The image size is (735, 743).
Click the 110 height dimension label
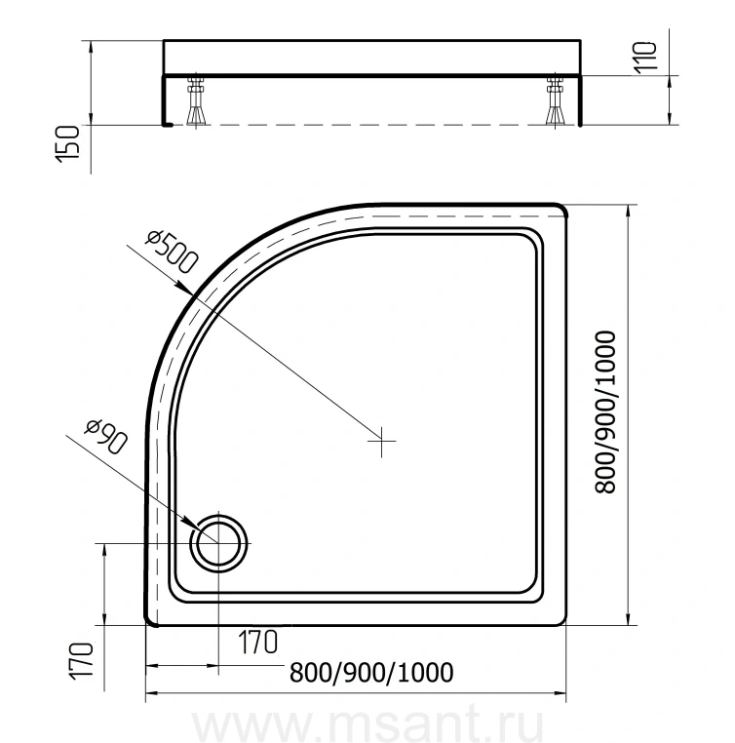[645, 58]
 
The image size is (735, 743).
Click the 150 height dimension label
[67, 144]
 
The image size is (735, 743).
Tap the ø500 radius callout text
[172, 252]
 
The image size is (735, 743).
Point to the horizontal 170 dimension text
[257, 642]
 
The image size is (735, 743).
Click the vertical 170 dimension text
[81, 661]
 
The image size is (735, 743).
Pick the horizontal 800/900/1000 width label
[371, 673]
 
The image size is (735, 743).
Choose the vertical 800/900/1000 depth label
[605, 412]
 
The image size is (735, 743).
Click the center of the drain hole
[218, 543]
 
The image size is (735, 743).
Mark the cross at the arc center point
[382, 441]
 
